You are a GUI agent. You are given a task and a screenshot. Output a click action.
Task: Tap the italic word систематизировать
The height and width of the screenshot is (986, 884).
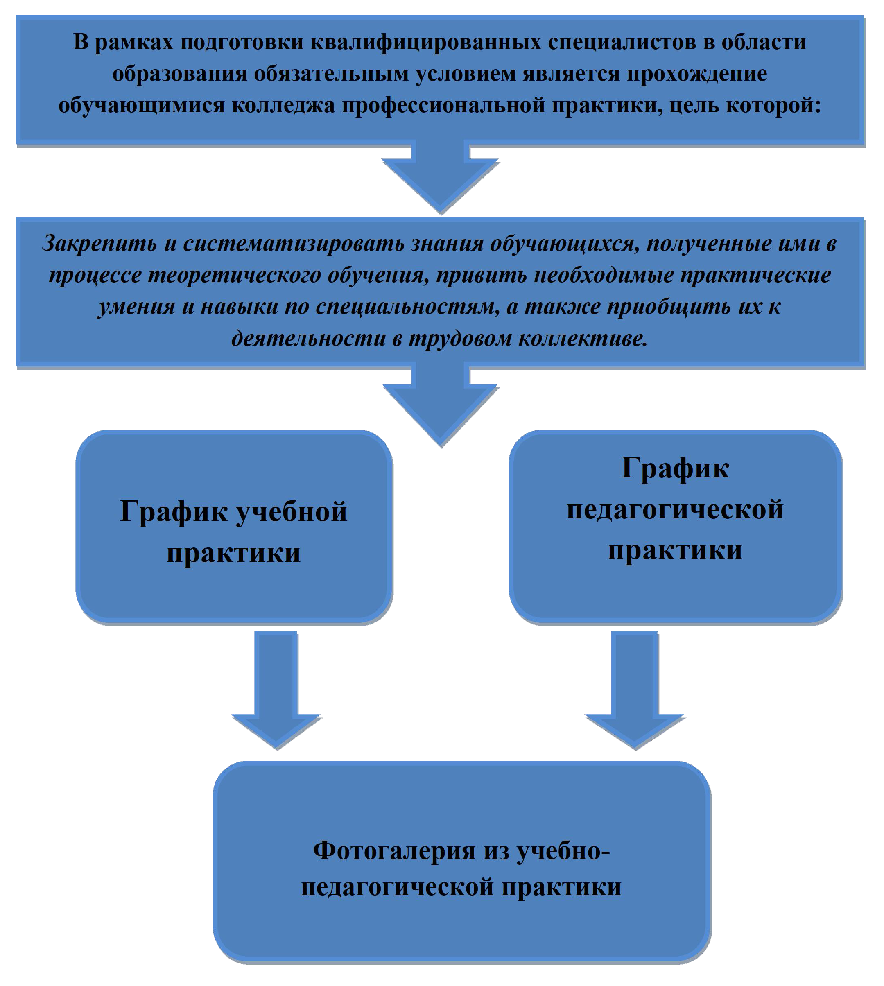coord(294,244)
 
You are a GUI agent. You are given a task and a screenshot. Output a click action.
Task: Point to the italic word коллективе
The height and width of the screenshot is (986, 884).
coord(583,339)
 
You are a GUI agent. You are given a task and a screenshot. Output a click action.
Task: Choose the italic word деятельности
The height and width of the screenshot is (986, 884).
coord(308,339)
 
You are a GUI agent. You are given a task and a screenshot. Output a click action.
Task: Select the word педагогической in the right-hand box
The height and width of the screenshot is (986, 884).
coord(675,511)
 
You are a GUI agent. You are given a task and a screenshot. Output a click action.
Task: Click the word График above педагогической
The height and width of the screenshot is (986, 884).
coord(675,469)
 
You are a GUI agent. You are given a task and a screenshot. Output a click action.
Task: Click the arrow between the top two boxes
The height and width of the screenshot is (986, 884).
coord(441,177)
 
